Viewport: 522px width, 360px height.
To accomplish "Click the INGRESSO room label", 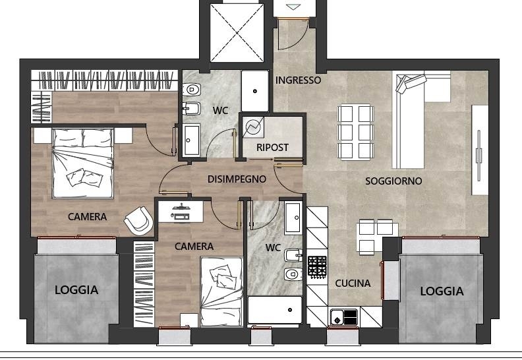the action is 299,80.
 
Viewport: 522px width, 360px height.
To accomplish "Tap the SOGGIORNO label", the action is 393,181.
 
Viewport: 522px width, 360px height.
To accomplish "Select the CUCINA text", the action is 353,284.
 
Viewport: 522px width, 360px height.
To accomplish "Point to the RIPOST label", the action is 272,147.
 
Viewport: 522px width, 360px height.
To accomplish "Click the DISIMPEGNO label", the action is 237,179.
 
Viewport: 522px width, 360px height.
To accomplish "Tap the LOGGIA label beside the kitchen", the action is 442,291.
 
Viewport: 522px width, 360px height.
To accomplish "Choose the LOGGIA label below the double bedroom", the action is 76,290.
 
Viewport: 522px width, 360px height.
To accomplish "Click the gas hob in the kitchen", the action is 317,267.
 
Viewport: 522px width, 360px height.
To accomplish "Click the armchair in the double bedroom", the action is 139,220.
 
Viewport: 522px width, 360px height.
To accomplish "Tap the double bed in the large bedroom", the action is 83,163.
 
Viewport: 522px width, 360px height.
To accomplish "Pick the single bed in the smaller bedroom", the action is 221,291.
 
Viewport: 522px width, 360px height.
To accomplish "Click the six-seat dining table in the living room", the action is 355,133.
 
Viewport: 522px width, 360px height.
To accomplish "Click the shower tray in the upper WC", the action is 255,91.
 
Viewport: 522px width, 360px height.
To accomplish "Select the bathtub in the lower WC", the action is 275,310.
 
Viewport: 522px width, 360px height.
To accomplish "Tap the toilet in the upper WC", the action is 192,89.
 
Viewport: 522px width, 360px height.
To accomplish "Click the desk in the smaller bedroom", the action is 181,212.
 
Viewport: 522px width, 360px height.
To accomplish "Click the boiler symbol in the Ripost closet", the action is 253,127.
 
